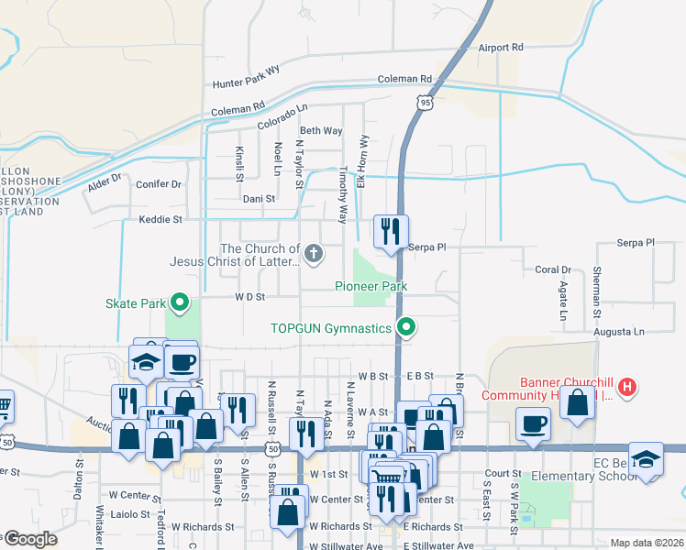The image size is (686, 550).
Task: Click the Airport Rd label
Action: [x=500, y=47]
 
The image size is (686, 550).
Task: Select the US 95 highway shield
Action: [x=424, y=104]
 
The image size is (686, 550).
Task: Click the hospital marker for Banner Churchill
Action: [x=627, y=387]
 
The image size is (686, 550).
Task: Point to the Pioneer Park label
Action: [x=371, y=286]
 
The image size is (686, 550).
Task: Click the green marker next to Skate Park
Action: [x=181, y=302]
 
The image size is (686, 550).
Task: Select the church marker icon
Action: [x=314, y=254]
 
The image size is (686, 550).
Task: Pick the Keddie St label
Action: [x=160, y=220]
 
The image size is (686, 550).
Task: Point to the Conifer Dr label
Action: [x=159, y=184]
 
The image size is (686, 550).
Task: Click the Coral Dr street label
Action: [x=553, y=269]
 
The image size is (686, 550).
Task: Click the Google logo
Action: [x=29, y=540]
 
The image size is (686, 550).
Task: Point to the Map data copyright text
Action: [x=647, y=543]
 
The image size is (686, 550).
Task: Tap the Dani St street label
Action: [x=259, y=198]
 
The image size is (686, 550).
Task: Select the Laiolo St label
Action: [x=132, y=514]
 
